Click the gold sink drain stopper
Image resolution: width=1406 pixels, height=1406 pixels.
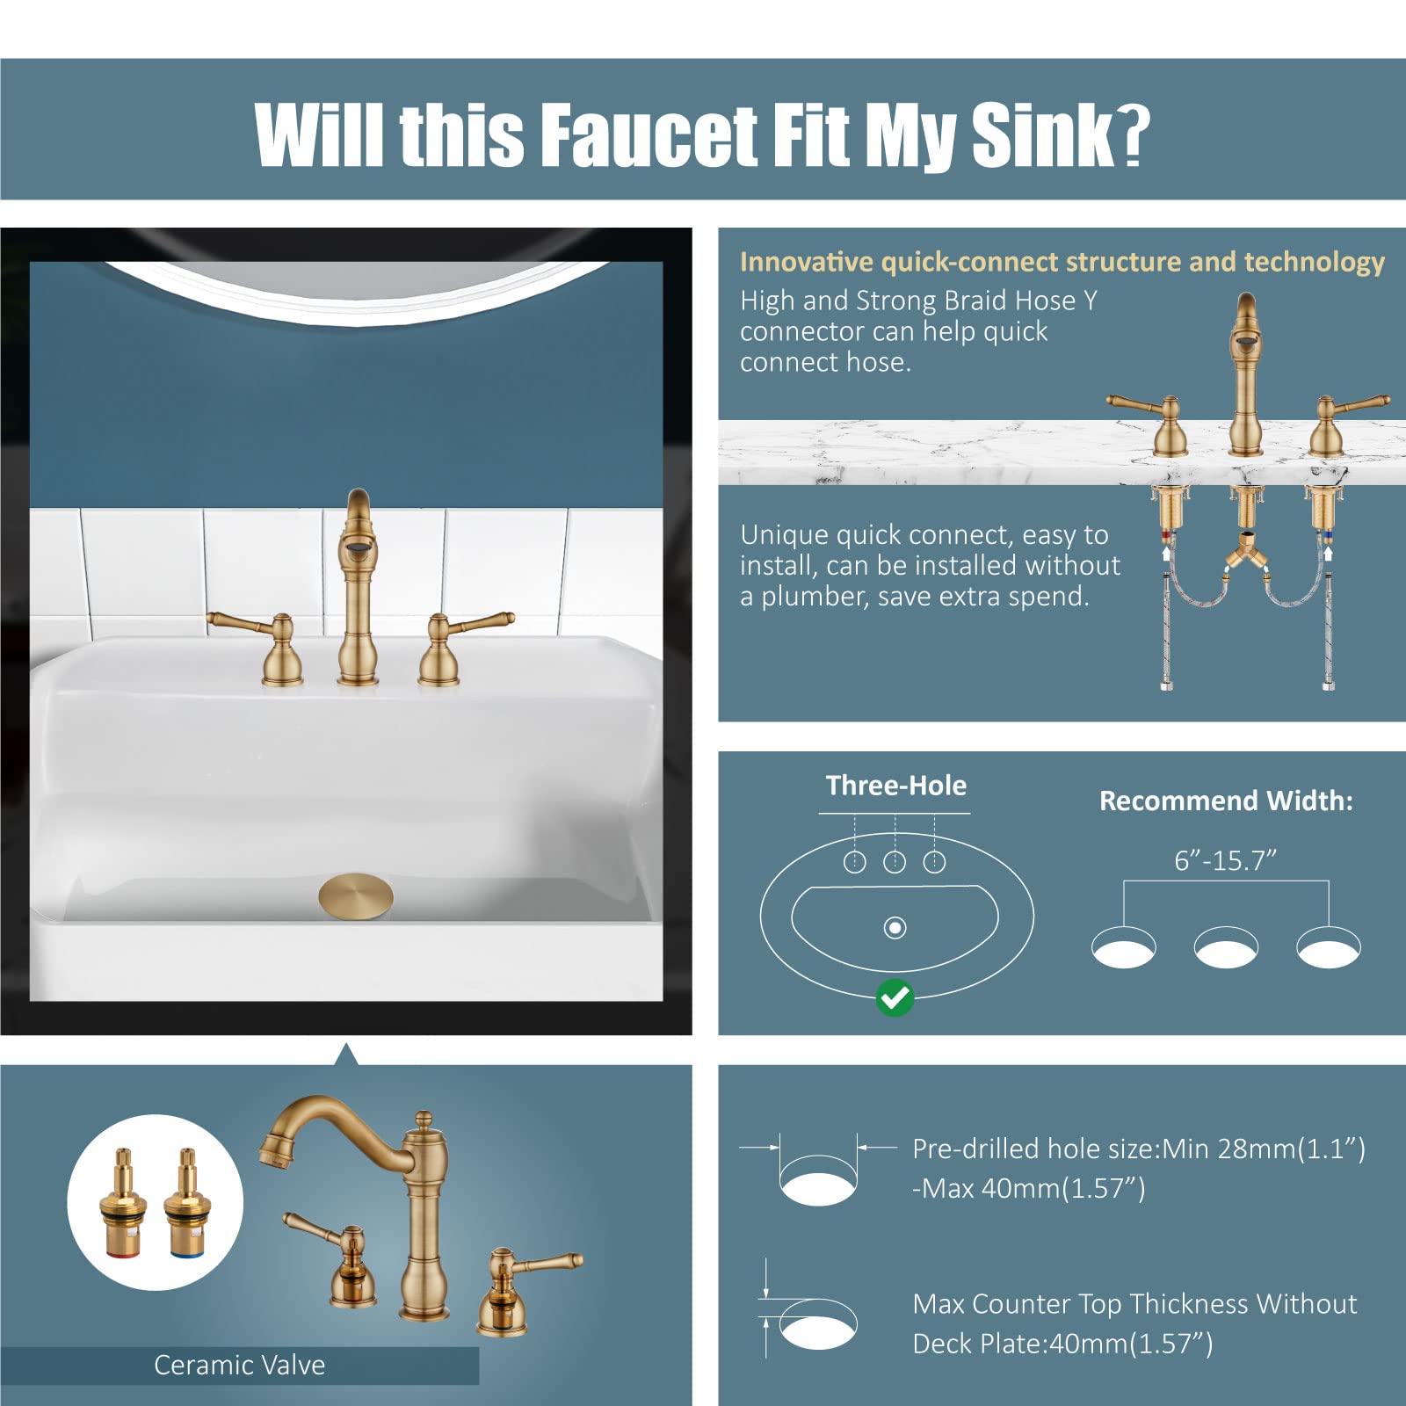pyautogui.click(x=356, y=896)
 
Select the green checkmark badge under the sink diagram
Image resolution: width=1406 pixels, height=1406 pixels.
pyautogui.click(x=895, y=997)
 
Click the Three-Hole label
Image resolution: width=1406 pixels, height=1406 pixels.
pyautogui.click(x=895, y=785)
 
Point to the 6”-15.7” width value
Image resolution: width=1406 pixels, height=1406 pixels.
pyautogui.click(x=1225, y=860)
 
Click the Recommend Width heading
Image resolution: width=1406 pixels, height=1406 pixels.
pyautogui.click(x=1226, y=801)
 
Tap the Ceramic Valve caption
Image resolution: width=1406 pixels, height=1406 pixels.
pyautogui.click(x=239, y=1365)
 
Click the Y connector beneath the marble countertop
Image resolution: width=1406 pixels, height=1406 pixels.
pyautogui.click(x=1245, y=554)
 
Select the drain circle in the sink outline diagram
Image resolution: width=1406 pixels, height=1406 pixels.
pyautogui.click(x=895, y=927)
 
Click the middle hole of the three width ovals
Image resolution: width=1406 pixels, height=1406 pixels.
pyautogui.click(x=1226, y=948)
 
